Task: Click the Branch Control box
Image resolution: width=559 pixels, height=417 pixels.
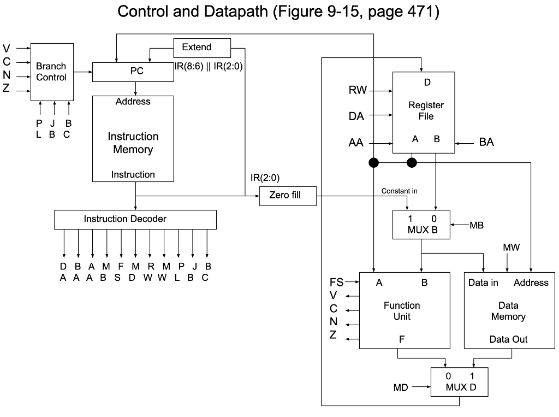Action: (52, 72)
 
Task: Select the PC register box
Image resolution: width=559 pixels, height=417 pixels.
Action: (133, 72)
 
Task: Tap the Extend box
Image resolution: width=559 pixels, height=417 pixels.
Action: (201, 48)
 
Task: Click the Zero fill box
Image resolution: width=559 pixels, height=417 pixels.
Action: (288, 196)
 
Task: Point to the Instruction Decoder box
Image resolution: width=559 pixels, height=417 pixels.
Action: (135, 219)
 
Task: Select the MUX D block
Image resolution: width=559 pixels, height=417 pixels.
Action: (459, 381)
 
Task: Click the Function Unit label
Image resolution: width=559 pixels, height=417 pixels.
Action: (402, 311)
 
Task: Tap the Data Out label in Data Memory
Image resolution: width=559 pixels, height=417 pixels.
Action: (508, 339)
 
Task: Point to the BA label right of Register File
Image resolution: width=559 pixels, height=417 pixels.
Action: (486, 143)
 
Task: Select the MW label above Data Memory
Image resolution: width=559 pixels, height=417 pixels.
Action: (511, 248)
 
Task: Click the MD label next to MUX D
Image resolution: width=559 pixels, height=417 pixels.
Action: (401, 387)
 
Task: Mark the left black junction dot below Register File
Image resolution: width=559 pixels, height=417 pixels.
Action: (373, 162)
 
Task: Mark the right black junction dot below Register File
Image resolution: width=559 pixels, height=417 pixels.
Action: (412, 162)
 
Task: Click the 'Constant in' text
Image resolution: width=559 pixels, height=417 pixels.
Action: (399, 191)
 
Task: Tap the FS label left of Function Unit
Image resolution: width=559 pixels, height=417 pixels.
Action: (337, 283)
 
